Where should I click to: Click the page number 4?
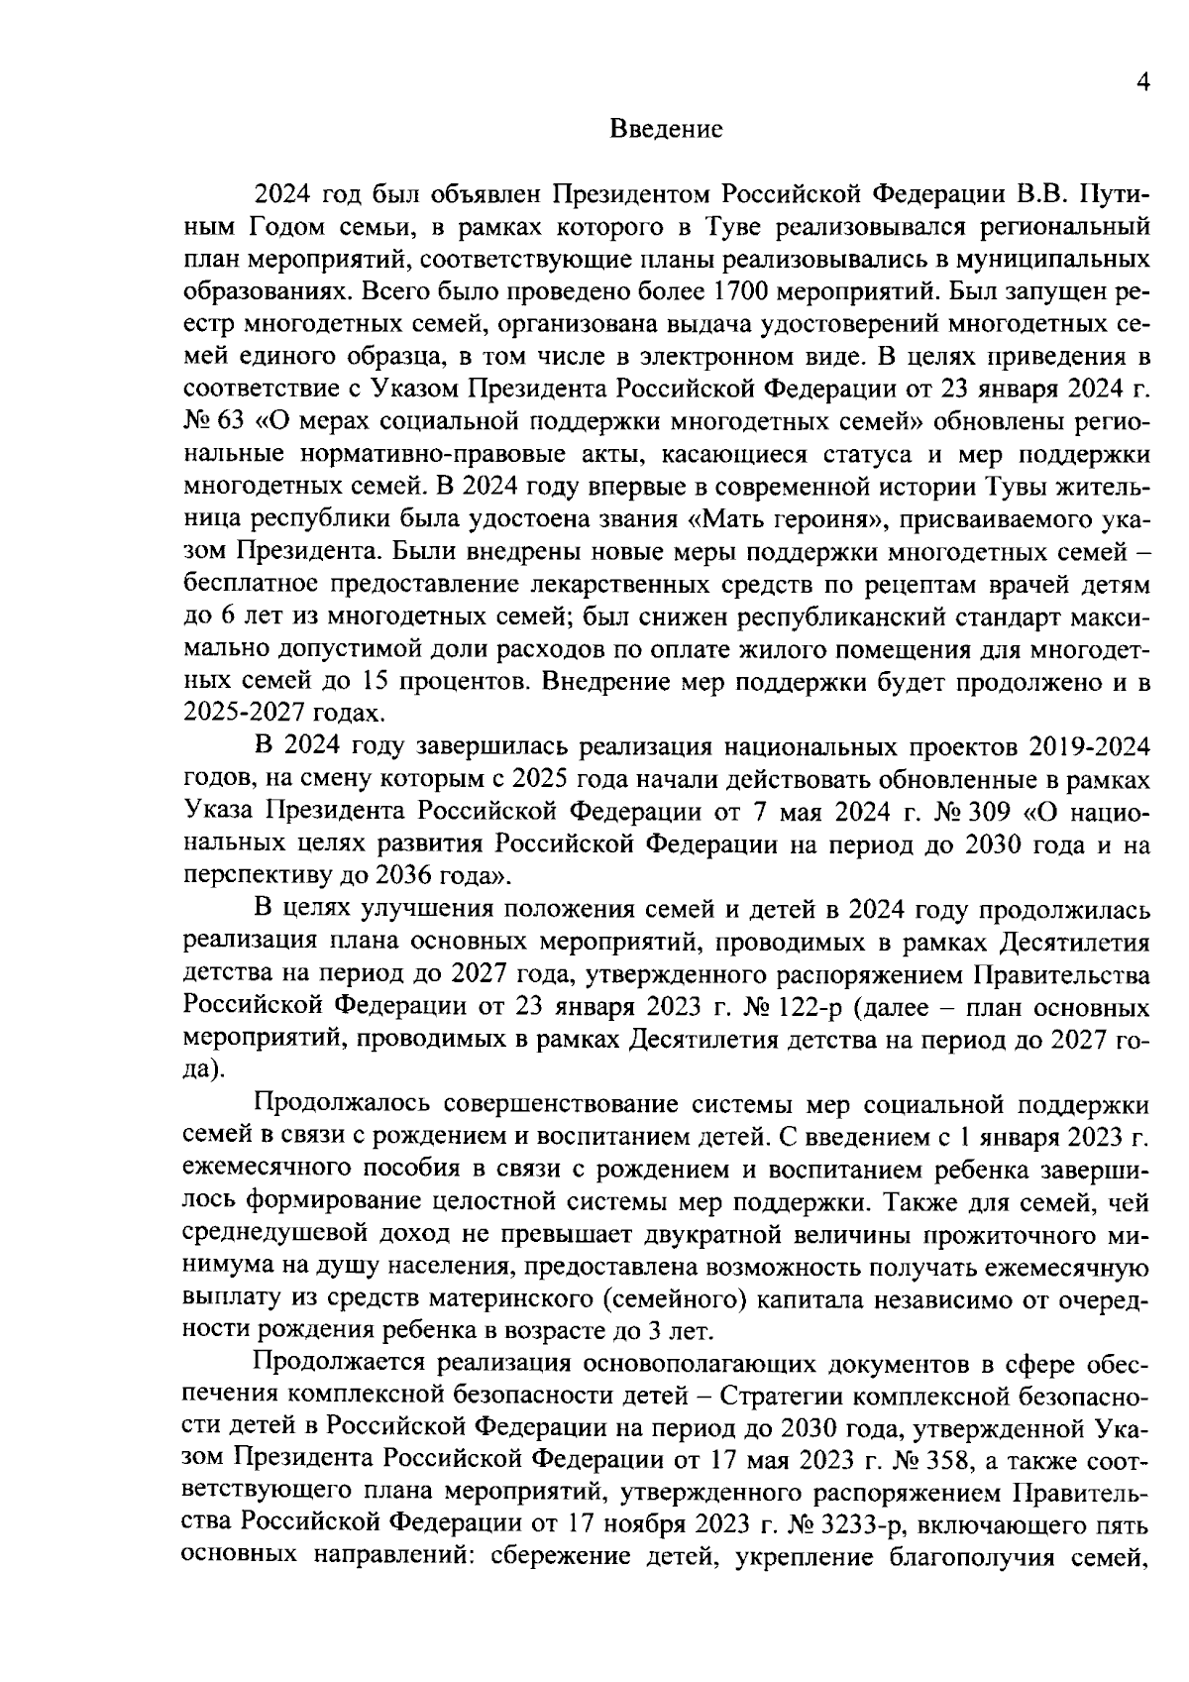(1142, 84)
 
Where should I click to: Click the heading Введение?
(666, 129)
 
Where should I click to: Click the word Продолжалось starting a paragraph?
(340, 1105)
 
